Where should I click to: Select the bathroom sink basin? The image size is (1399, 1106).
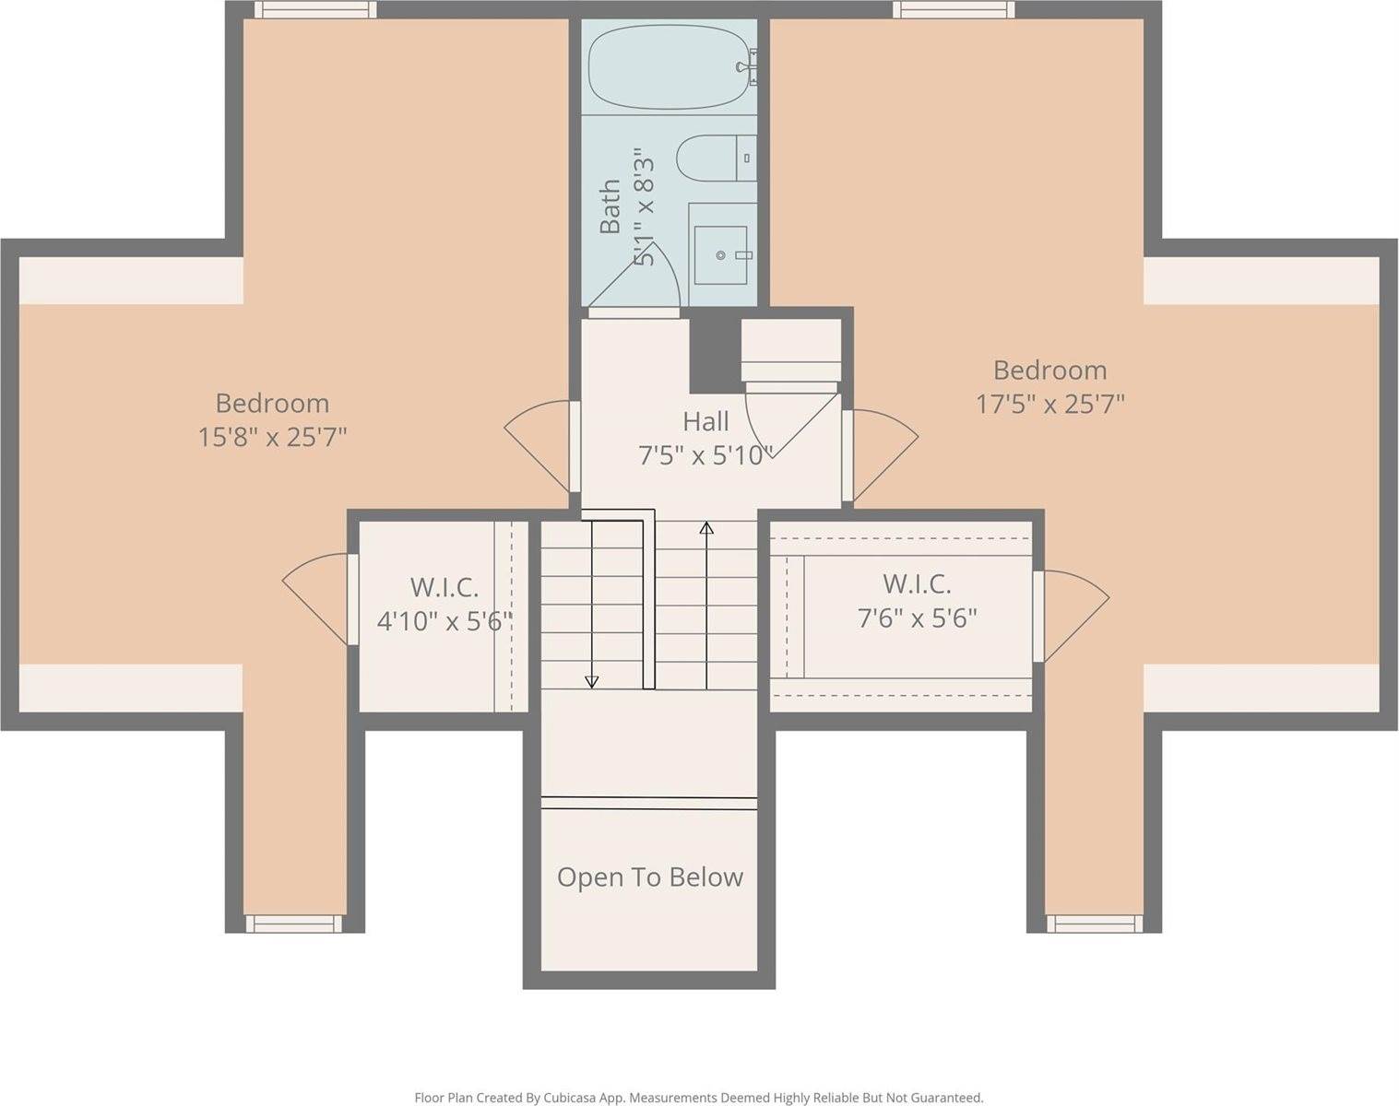click(x=720, y=255)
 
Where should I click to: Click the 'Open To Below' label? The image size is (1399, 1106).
click(x=650, y=877)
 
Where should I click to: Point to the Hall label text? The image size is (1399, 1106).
click(x=705, y=422)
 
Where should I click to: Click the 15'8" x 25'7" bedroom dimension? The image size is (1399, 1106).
click(x=272, y=438)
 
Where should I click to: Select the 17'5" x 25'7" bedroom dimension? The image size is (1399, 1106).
click(x=1049, y=405)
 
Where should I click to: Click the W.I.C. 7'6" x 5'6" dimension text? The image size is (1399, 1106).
click(x=918, y=618)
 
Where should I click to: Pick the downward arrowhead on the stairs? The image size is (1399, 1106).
click(x=591, y=682)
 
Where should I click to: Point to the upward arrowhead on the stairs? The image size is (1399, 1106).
click(x=706, y=527)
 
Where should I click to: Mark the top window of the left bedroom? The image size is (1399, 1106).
click(x=315, y=9)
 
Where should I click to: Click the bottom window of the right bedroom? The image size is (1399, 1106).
click(x=1095, y=924)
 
